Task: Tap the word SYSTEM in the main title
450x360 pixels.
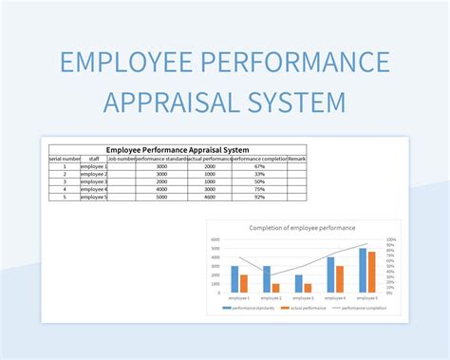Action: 298,100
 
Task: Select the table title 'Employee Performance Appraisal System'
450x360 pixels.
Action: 178,149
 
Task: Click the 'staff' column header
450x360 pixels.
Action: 93,159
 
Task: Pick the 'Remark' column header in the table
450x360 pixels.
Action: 296,159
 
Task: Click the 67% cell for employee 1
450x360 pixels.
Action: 260,166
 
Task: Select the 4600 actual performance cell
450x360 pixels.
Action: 211,197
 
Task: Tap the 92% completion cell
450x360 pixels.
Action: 260,197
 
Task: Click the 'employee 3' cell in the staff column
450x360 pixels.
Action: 93,181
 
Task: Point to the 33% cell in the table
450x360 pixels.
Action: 260,174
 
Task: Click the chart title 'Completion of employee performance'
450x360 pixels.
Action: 302,228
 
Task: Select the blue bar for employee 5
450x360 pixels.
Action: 363,270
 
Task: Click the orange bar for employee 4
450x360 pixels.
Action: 340,278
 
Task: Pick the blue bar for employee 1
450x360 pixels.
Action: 234,278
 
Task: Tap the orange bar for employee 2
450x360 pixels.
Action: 275,287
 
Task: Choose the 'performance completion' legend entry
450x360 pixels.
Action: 362,308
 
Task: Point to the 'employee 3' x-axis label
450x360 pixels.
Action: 303,297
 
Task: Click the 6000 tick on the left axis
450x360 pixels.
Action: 216,240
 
